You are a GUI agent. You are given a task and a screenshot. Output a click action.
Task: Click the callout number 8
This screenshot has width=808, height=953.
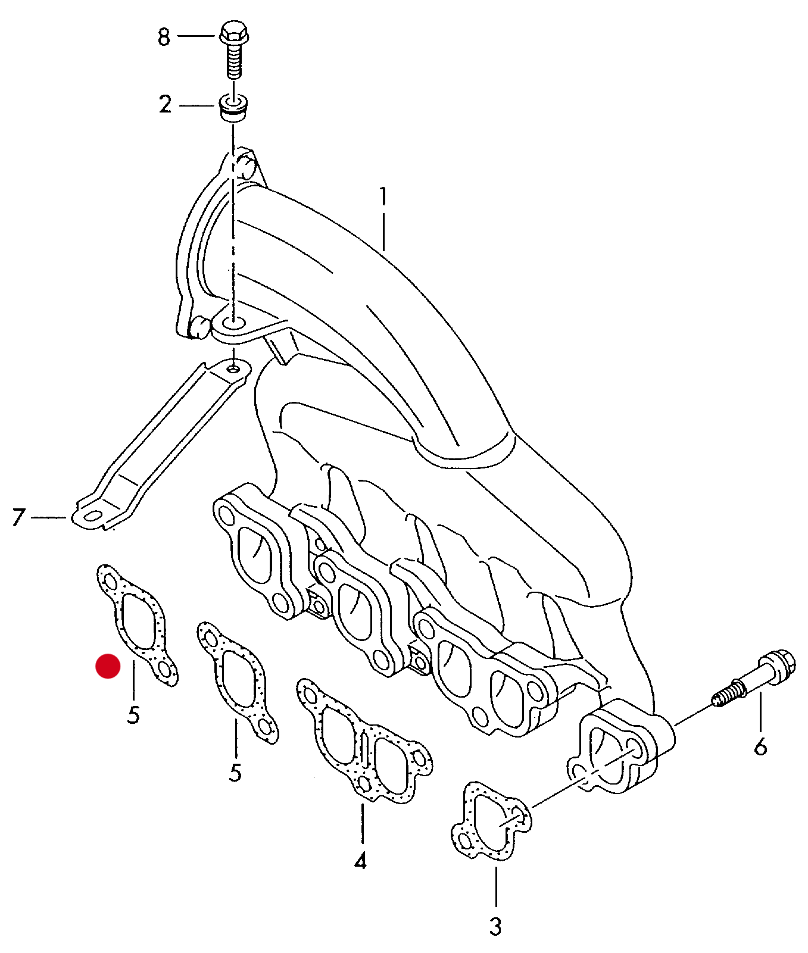click(164, 37)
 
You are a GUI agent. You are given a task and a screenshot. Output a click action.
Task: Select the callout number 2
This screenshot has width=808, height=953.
click(165, 105)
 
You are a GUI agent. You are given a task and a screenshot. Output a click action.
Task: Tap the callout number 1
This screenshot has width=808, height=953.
click(383, 196)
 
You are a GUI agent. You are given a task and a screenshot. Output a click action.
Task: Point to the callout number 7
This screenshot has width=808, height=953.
click(19, 517)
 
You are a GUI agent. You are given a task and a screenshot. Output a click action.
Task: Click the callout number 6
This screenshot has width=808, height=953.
click(760, 746)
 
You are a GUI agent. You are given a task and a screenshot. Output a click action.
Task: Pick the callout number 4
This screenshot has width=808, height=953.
click(360, 861)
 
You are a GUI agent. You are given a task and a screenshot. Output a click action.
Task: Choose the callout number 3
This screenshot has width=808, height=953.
click(495, 926)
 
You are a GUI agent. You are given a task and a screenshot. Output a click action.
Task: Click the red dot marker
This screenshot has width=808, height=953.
click(108, 666)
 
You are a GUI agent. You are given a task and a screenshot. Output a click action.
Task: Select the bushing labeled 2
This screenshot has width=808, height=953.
click(234, 108)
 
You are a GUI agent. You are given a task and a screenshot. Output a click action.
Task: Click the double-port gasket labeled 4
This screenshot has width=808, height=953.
click(364, 741)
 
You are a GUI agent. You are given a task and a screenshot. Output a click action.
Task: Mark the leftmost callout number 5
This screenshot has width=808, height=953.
click(133, 714)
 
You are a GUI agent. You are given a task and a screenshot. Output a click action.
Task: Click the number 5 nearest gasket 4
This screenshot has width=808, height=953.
click(236, 773)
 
